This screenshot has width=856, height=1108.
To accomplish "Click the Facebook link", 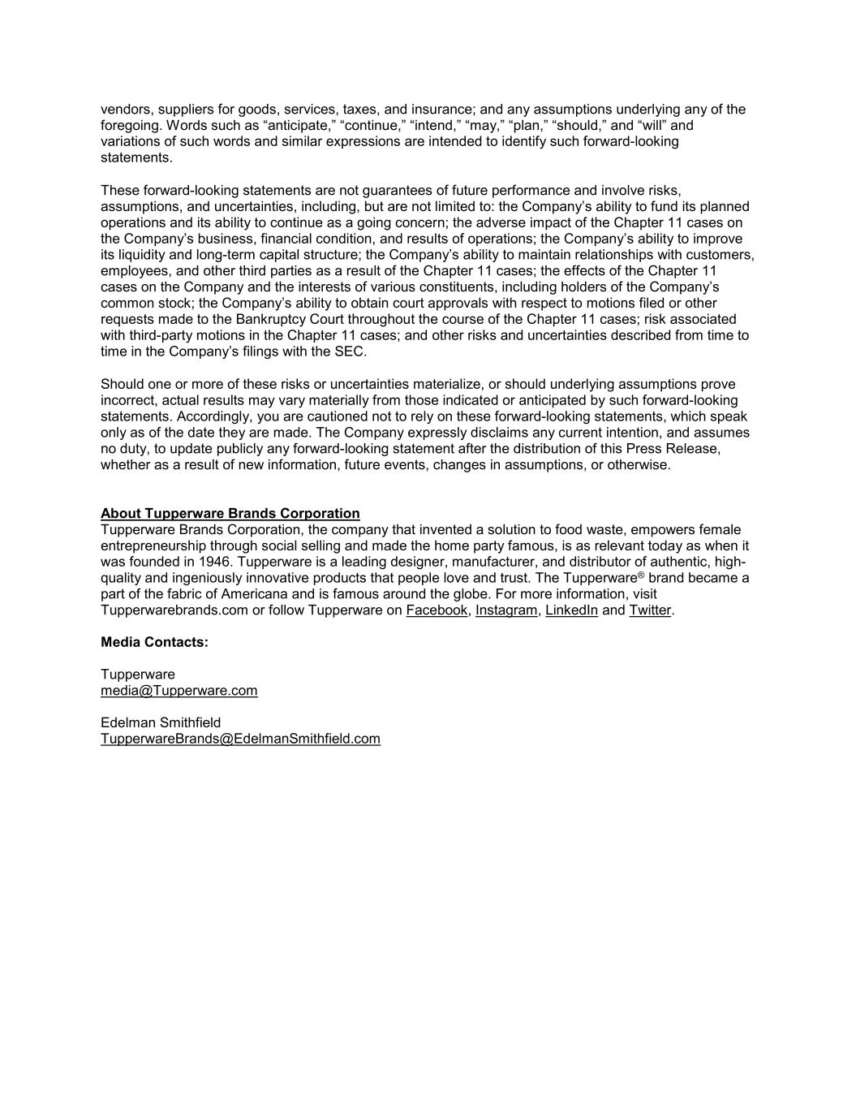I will coord(437,610).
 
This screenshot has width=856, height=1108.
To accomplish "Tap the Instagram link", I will coord(506,610).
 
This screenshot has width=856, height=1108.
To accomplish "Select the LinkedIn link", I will coord(571,610).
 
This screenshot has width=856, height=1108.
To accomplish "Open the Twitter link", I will coord(650,610).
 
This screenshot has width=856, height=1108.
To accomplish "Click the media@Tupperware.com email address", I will coord(179,691).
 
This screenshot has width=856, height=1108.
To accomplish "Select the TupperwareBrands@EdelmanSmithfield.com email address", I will coord(240,739).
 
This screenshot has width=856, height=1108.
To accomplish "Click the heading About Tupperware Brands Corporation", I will coord(230,514).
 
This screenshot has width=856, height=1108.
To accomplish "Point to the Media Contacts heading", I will coord(154,642).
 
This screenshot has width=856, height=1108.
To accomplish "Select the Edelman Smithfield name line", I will coord(161,722).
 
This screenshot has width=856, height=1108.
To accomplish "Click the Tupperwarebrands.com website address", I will coord(174,610).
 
